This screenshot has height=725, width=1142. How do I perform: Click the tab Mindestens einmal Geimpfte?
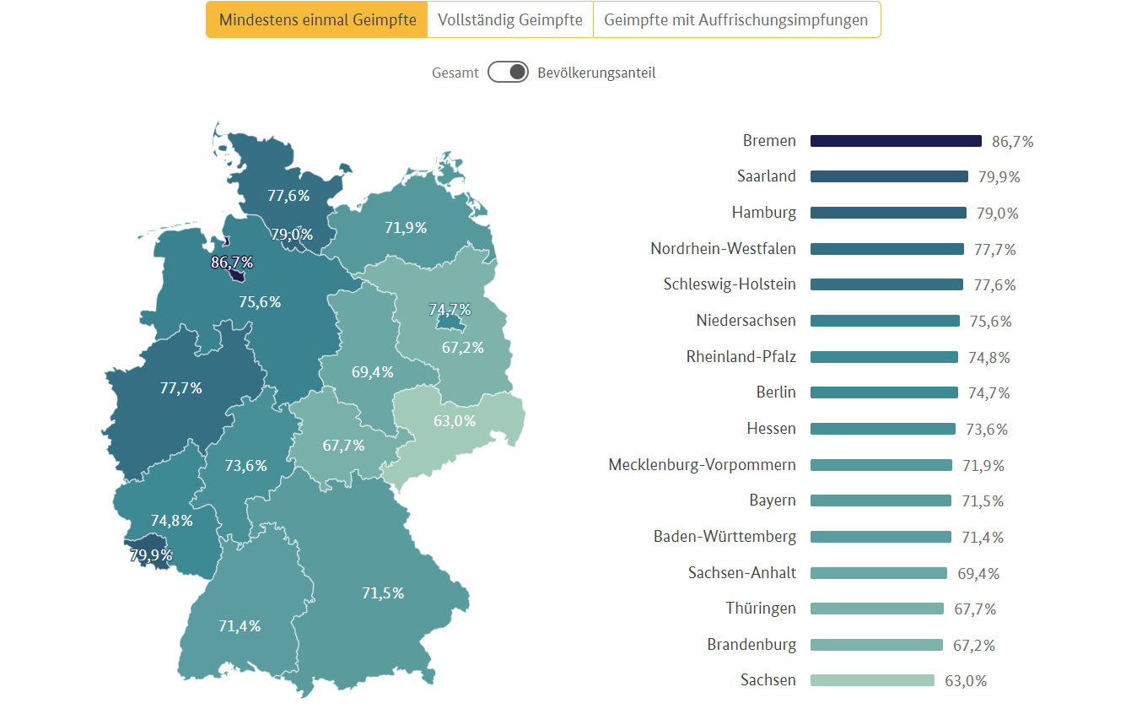coord(316,19)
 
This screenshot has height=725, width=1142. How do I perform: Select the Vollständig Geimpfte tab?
coord(510,19)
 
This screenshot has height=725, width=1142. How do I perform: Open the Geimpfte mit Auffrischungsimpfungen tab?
coord(736,19)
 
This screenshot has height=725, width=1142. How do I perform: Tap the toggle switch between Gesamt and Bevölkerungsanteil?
coord(508,73)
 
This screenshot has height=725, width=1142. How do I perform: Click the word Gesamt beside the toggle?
coord(455,73)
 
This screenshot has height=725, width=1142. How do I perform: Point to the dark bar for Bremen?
coord(896,141)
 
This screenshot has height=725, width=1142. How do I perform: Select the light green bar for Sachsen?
coord(872,680)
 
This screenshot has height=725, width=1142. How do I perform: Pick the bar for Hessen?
coord(882,429)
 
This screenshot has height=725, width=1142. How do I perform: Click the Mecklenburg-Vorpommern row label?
coord(702,465)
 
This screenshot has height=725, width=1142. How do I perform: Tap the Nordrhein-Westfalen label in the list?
coord(723,249)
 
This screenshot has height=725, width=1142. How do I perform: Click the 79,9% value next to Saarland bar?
coord(999,177)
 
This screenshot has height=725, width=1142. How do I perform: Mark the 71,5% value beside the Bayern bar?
coord(983,501)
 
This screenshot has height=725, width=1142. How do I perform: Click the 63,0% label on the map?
coord(455,420)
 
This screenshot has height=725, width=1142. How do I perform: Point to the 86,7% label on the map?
coord(232,262)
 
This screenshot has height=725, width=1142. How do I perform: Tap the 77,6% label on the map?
coord(288,196)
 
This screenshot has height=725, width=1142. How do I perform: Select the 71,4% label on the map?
coord(240,626)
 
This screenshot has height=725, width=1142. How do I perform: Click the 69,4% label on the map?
coord(373,371)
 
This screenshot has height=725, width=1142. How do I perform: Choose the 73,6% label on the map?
coord(245,465)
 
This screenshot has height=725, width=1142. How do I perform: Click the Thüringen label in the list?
coord(760,609)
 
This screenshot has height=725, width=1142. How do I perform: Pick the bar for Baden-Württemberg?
coord(881,537)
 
